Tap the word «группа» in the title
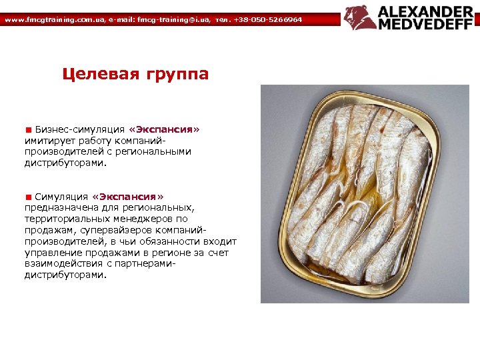(x=177, y=74)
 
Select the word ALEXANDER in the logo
(x=427, y=11)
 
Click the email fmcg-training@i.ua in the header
(x=171, y=20)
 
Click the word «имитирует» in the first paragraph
(x=49, y=141)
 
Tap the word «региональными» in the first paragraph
(x=155, y=151)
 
